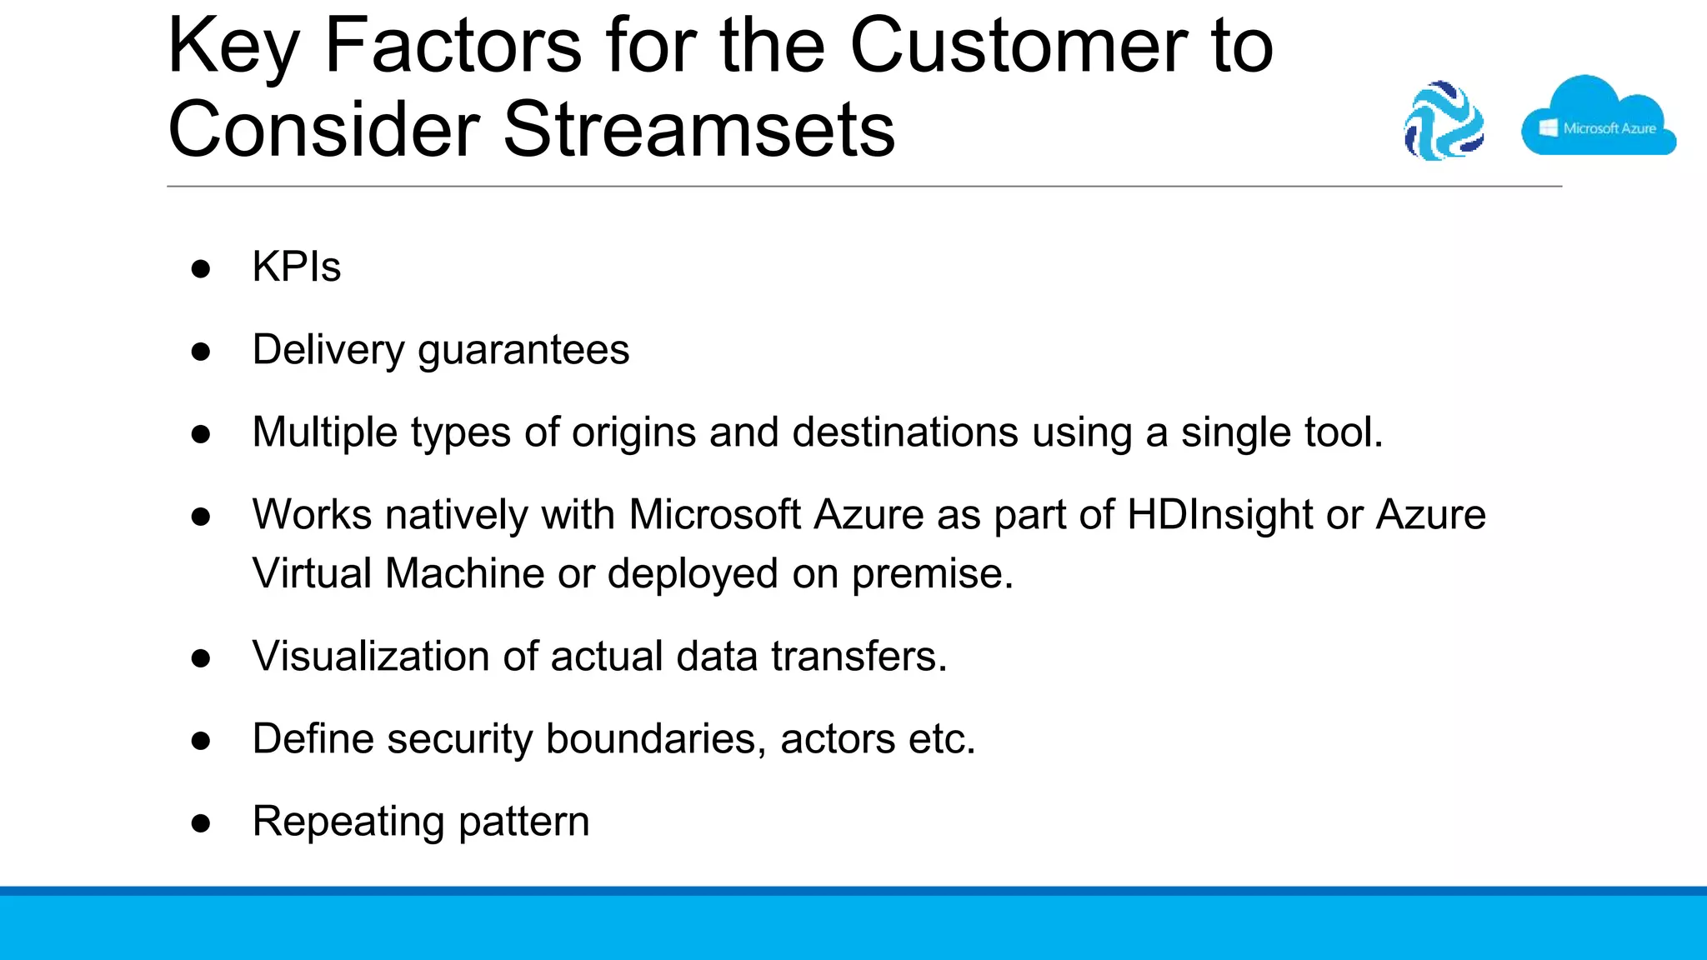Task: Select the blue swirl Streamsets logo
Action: [x=1444, y=121]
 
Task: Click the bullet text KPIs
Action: [x=296, y=267]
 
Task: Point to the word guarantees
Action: [x=523, y=350]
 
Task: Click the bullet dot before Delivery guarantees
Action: [x=201, y=352]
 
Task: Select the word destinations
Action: [x=905, y=432]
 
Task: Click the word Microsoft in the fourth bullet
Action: [x=714, y=514]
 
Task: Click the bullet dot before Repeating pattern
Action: [x=201, y=823]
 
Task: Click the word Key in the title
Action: [x=233, y=47]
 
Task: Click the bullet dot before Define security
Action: [x=201, y=741]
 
